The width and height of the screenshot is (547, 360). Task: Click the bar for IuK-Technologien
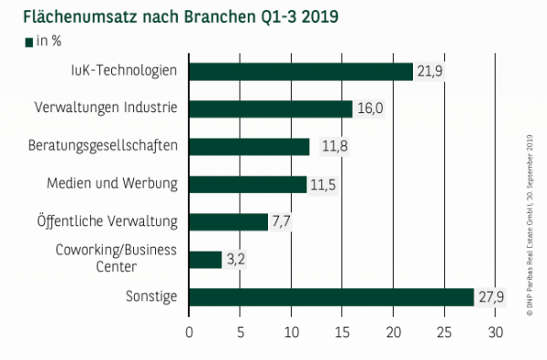pos(301,71)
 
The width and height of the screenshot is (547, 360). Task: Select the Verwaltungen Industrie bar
pos(271,108)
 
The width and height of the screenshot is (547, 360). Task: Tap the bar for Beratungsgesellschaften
pos(249,147)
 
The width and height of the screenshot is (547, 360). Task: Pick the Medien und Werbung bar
pos(247,184)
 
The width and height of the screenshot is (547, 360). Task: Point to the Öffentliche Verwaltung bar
pos(228,221)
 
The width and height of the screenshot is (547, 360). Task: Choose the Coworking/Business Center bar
pos(205,260)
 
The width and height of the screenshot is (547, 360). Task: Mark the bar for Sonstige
pos(331,297)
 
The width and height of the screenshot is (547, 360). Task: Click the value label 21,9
pos(428,72)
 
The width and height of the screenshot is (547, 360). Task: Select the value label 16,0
pos(368,109)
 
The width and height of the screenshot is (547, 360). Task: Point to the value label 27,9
pos(490,297)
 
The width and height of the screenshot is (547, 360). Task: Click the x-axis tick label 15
pos(342,332)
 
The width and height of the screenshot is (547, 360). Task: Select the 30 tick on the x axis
pos(495,332)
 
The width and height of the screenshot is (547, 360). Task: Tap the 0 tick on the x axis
pos(189,332)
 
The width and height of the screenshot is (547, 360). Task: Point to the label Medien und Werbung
pos(112,184)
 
